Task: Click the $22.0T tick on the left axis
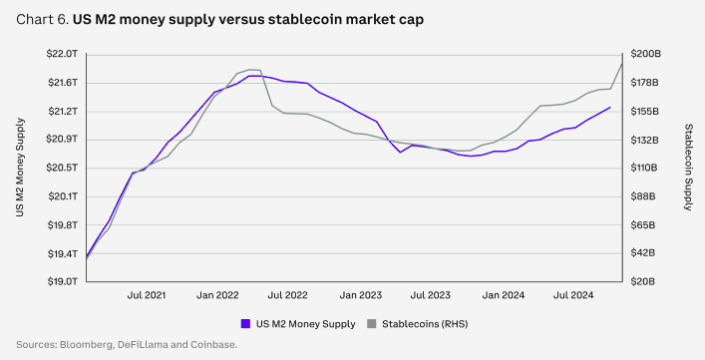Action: pyautogui.click(x=62, y=54)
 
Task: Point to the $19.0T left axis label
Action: pyautogui.click(x=62, y=281)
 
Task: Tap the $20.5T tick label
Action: pyautogui.click(x=62, y=168)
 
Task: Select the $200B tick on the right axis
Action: pyautogui.click(x=645, y=54)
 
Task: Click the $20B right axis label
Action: pyautogui.click(x=643, y=281)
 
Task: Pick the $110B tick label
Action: pyautogui.click(x=644, y=168)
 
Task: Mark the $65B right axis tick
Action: pyautogui.click(x=643, y=224)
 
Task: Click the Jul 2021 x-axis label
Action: pyautogui.click(x=147, y=295)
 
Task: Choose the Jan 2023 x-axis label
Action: pyautogui.click(x=361, y=295)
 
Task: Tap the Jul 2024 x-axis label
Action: pyautogui.click(x=573, y=295)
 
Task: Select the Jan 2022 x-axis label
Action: pyautogui.click(x=217, y=295)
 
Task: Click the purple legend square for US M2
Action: pyautogui.click(x=245, y=323)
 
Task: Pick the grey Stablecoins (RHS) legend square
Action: pyautogui.click(x=371, y=323)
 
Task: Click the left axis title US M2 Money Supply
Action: pyautogui.click(x=20, y=168)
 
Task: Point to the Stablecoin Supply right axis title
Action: pyautogui.click(x=688, y=168)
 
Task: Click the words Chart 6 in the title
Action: pyautogui.click(x=41, y=20)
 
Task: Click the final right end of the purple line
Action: pyautogui.click(x=610, y=108)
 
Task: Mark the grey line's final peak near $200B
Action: pyautogui.click(x=622, y=63)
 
